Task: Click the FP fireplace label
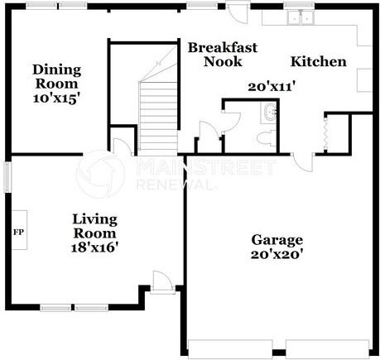pos(17,231)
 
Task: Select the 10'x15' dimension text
pos(55,98)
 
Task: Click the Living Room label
pos(95,226)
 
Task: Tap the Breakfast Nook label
pos(222,55)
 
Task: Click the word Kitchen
pos(319,61)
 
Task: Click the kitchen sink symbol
pos(297,17)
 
